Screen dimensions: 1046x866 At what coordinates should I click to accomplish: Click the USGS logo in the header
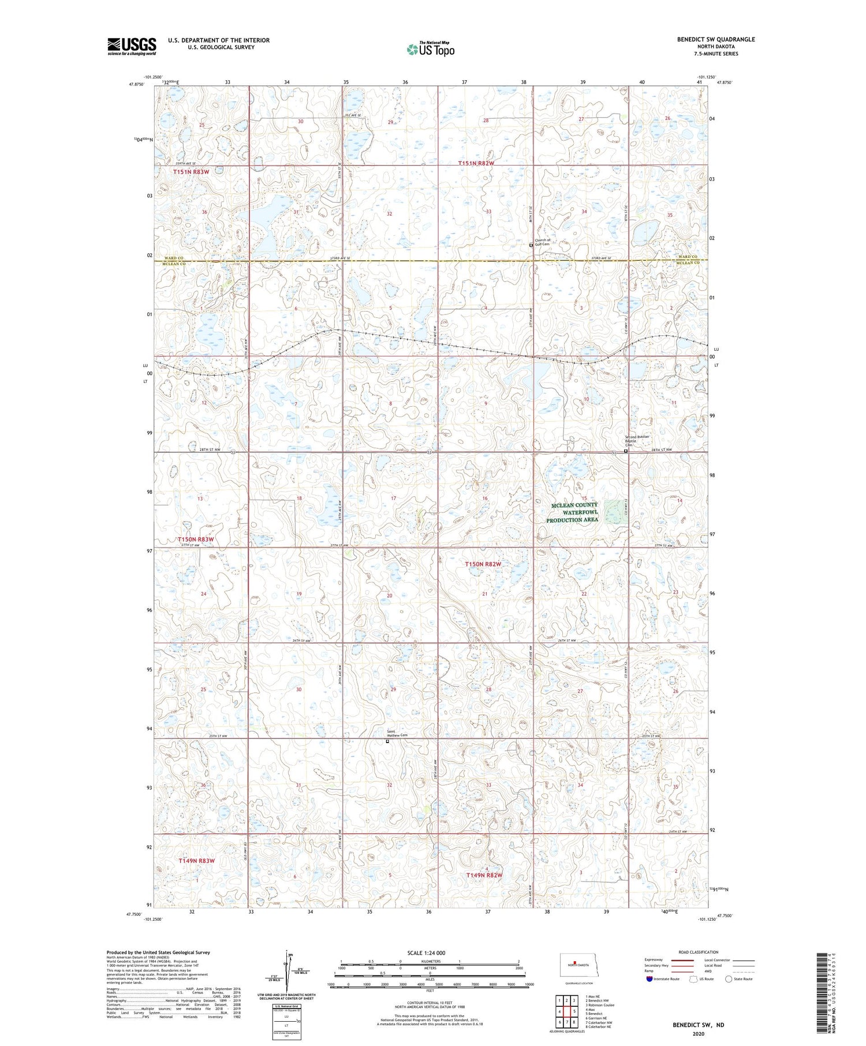tap(132, 46)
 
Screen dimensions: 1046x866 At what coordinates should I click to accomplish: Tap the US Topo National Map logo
tap(431, 49)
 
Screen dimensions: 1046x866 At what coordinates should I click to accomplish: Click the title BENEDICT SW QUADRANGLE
tap(716, 39)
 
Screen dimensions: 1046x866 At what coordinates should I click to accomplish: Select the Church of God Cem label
tap(542, 242)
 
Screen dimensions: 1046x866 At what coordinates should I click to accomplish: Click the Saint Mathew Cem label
tap(397, 734)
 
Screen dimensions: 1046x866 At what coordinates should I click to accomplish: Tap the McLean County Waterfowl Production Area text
tap(574, 512)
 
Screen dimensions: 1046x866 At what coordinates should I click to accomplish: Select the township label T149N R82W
tap(484, 875)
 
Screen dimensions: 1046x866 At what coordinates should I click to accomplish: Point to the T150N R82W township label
tap(483, 564)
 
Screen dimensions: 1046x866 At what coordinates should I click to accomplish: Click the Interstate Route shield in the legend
tap(649, 979)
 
